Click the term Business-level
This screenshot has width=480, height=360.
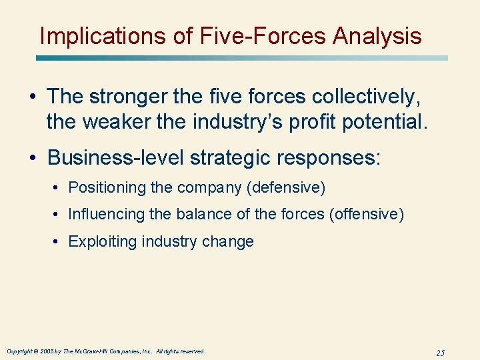(116, 157)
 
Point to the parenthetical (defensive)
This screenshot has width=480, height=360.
(285, 188)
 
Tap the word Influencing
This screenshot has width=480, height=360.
(106, 215)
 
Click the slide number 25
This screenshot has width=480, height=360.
(439, 352)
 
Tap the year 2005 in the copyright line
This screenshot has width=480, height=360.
(47, 351)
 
